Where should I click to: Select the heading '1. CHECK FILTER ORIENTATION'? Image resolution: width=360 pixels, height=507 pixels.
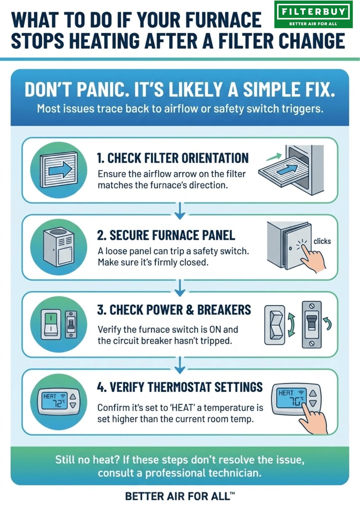click(x=173, y=158)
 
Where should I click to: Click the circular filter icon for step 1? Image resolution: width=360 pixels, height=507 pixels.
click(x=59, y=170)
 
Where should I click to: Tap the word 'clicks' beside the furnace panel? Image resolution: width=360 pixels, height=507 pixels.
click(x=322, y=241)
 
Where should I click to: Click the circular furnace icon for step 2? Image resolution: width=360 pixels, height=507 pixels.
click(x=59, y=247)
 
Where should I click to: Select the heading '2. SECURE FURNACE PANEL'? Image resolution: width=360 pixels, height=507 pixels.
click(x=166, y=235)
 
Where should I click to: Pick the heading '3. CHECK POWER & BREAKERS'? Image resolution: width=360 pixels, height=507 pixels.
click(x=174, y=310)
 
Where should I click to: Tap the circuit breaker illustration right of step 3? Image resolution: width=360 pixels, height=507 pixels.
click(x=312, y=324)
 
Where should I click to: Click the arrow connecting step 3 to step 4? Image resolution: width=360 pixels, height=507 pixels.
click(x=180, y=365)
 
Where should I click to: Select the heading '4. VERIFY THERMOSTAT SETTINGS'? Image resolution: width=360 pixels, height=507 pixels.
click(x=180, y=387)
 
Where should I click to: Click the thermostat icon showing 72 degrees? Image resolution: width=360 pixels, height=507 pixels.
click(x=59, y=402)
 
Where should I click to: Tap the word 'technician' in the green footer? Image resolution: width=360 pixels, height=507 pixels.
click(x=234, y=473)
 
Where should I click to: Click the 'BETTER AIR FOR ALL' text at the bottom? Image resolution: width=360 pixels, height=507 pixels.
click(x=180, y=496)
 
